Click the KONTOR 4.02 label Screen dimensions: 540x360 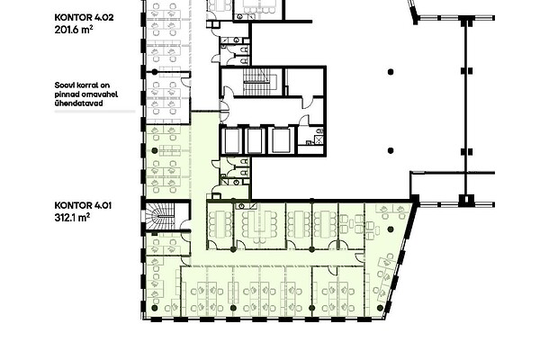(84, 18)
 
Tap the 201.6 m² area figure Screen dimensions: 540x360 (74, 30)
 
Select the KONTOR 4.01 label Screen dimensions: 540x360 (83, 206)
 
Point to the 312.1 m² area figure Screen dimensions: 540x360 (72, 218)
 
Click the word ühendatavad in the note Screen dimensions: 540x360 (78, 103)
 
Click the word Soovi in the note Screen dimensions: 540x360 (63, 85)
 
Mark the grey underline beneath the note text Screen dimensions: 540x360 (94, 112)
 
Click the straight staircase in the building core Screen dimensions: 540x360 (256, 82)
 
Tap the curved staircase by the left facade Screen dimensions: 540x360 (160, 216)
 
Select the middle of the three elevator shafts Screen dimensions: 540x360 (256, 140)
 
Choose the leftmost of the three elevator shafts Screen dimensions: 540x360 (231, 140)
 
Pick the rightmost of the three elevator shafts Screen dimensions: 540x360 (281, 140)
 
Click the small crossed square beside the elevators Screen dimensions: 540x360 (319, 139)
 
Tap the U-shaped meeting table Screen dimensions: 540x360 (259, 225)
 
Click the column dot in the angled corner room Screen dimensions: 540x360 (391, 229)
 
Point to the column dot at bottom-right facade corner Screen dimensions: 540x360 (380, 308)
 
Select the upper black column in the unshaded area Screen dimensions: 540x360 (391, 72)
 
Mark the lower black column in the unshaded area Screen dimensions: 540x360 (391, 150)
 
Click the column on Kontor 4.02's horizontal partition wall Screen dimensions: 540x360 (155, 72)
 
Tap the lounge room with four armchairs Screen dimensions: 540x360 (352, 226)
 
